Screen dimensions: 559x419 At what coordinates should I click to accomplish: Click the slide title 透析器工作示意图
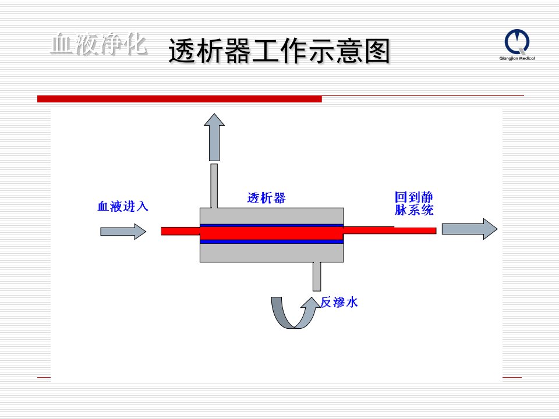click(x=279, y=51)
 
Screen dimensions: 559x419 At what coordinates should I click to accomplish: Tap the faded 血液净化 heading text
click(x=99, y=44)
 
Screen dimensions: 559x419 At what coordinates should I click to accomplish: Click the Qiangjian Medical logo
click(x=517, y=45)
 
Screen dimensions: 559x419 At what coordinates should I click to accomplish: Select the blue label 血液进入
click(x=123, y=206)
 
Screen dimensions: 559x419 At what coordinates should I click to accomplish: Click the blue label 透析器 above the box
click(x=266, y=198)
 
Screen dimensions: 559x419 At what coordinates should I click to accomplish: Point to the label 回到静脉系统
click(x=414, y=204)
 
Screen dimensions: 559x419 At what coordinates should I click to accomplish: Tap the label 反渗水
click(x=339, y=302)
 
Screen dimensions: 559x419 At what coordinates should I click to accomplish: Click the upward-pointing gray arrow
click(x=214, y=137)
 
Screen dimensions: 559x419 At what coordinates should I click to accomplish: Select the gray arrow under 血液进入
click(x=123, y=232)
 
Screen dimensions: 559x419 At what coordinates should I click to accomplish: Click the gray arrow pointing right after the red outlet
click(x=469, y=229)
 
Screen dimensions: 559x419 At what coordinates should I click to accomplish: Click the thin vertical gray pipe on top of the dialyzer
click(x=214, y=186)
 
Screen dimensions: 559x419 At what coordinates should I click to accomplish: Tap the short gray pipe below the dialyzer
click(x=317, y=276)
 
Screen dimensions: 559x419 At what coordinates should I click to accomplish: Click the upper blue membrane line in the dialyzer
click(x=272, y=226)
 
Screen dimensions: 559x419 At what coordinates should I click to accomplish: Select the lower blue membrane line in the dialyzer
click(x=272, y=242)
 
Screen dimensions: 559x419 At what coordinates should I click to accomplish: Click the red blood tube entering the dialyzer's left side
click(x=181, y=231)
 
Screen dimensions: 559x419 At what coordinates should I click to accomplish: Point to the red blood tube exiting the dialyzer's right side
click(x=390, y=230)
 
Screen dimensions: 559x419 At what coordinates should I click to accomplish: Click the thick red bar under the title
click(x=180, y=99)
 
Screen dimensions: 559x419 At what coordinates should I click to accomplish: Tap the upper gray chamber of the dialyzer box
click(x=272, y=216)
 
